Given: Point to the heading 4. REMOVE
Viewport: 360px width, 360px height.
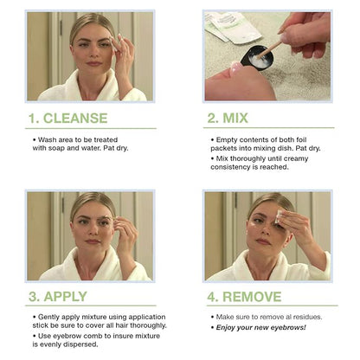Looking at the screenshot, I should pos(243,296).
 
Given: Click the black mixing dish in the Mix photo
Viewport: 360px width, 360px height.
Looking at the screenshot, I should pos(259,59).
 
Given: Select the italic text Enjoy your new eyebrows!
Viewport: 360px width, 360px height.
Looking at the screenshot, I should pos(263,327).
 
